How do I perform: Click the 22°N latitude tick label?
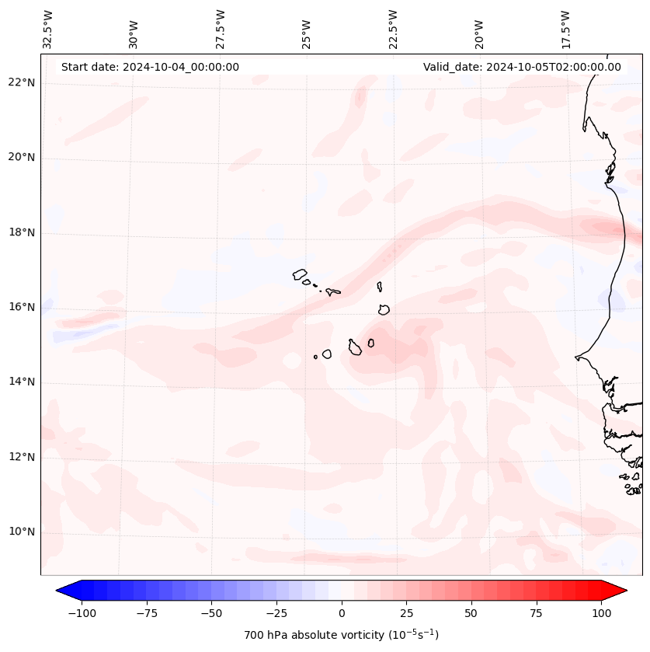click(22, 83)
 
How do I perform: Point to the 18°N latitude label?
click(22, 232)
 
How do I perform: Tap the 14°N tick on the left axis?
click(22, 382)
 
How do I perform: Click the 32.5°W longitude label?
click(48, 30)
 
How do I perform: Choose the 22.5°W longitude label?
click(393, 30)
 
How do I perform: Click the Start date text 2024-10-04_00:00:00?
click(150, 67)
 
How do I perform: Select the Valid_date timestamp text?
click(522, 67)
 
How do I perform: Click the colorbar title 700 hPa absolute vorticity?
click(341, 636)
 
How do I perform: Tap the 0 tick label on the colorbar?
click(341, 613)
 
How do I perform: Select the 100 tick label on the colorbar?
click(602, 613)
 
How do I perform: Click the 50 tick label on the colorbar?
click(471, 613)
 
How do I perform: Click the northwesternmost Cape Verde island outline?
click(300, 274)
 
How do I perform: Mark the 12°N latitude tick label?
click(22, 457)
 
